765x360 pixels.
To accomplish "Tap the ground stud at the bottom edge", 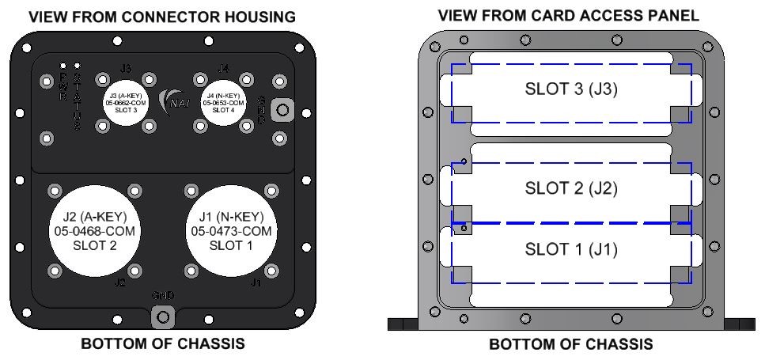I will [x=163, y=317].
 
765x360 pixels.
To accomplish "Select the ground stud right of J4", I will [x=280, y=111].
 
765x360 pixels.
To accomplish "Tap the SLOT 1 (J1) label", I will [x=571, y=250].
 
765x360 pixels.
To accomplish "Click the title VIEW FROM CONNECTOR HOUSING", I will [x=162, y=17].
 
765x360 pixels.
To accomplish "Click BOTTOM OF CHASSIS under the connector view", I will [x=161, y=345].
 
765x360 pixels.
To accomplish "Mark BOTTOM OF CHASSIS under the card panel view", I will [x=570, y=345].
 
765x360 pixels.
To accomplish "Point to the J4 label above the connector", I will [x=223, y=69].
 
